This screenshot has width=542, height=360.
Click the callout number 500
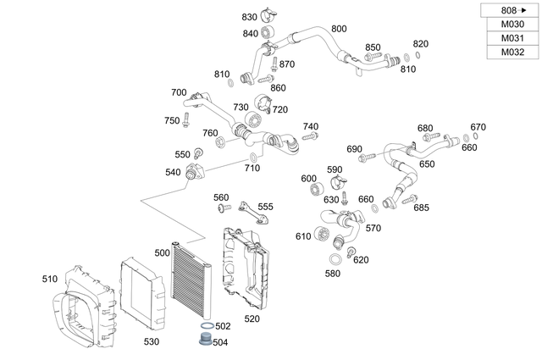pyautogui.click(x=163, y=253)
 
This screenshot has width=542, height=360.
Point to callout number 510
pyautogui.click(x=50, y=278)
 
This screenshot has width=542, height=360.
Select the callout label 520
pyautogui.click(x=252, y=318)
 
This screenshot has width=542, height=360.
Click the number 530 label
pyautogui.click(x=151, y=341)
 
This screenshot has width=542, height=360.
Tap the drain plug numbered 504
pyautogui.click(x=203, y=341)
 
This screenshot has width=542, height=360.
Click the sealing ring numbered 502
pyautogui.click(x=206, y=326)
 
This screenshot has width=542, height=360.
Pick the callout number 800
pyautogui.click(x=339, y=29)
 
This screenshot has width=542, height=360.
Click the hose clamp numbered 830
pyautogui.click(x=268, y=14)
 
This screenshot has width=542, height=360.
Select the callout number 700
pyautogui.click(x=179, y=92)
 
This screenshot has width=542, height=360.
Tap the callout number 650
pyautogui.click(x=427, y=164)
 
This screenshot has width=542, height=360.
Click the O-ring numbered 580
pyautogui.click(x=336, y=258)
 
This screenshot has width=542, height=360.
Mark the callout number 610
pyautogui.click(x=302, y=236)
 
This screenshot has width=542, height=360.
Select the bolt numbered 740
pyautogui.click(x=309, y=136)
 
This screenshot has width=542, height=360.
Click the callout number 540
pyautogui.click(x=173, y=172)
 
